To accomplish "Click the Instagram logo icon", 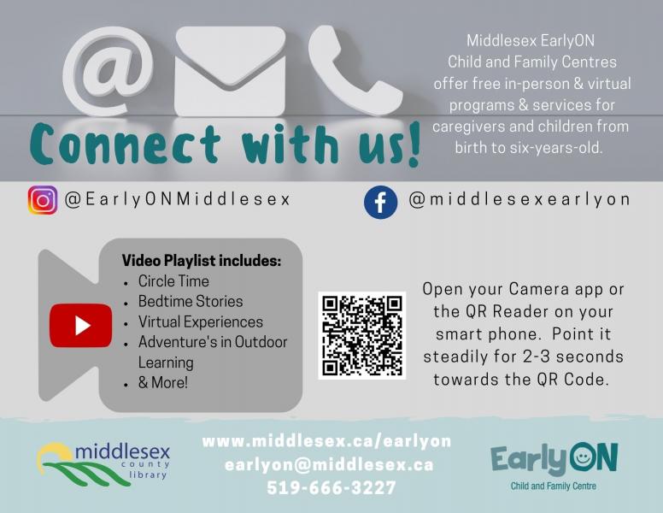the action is point(43,200).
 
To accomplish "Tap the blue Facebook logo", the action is point(380,203).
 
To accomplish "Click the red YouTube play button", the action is point(81,326).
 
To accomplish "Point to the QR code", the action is point(362,335).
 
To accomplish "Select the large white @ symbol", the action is point(108,71).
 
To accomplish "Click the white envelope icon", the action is point(230,71).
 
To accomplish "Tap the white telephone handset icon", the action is point(354,70).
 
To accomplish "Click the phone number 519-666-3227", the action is point(331,487).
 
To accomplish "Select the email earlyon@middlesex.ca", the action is point(329,465).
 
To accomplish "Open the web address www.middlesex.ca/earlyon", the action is point(326,441).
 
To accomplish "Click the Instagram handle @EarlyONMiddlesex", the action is point(177,199).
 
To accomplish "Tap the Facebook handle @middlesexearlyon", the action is point(519,199).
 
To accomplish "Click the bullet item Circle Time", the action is point(173,281).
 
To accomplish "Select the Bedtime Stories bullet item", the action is point(191,301).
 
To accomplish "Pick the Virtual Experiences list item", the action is point(201,322).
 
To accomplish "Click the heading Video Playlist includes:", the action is point(202,261).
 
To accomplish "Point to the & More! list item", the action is point(163,383).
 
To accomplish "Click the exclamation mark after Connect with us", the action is point(414,144).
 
